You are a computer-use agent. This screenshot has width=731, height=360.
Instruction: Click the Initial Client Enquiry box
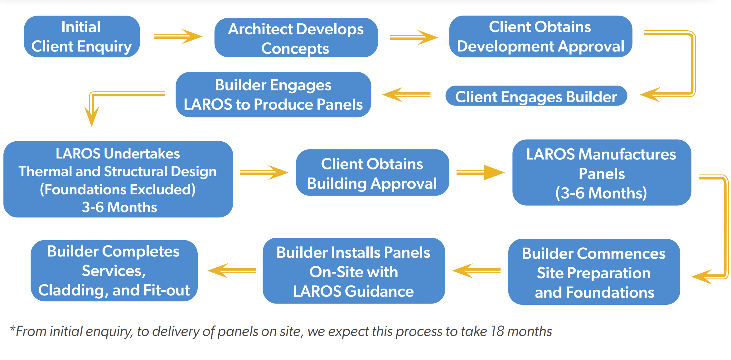click(x=82, y=36)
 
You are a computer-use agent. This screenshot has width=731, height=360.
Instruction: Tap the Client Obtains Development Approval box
click(x=540, y=36)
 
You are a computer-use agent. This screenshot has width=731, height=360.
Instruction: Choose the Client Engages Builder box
click(x=536, y=96)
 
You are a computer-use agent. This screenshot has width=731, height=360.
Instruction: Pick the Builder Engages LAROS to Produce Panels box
click(x=273, y=95)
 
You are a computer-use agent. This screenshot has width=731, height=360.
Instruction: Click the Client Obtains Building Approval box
click(x=372, y=173)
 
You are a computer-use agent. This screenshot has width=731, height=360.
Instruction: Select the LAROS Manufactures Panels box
click(x=601, y=173)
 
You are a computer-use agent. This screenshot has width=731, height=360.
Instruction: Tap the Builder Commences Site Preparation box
click(x=594, y=272)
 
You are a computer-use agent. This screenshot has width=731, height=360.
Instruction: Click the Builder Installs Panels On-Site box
click(x=353, y=271)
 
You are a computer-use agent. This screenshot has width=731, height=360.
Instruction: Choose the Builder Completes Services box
click(x=114, y=270)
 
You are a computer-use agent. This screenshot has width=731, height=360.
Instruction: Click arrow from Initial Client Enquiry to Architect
click(x=178, y=37)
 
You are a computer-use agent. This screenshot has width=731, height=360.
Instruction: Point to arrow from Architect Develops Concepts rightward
click(x=413, y=38)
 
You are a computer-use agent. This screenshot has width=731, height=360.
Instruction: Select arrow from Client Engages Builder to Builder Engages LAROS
click(x=406, y=95)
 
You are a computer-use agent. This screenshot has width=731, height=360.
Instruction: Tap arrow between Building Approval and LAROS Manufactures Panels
click(x=480, y=173)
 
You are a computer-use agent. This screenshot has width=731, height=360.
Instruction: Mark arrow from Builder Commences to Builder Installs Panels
click(x=476, y=270)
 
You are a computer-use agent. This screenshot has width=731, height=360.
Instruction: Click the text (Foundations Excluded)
click(x=118, y=190)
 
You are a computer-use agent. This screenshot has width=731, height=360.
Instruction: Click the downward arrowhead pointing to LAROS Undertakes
click(x=92, y=117)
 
